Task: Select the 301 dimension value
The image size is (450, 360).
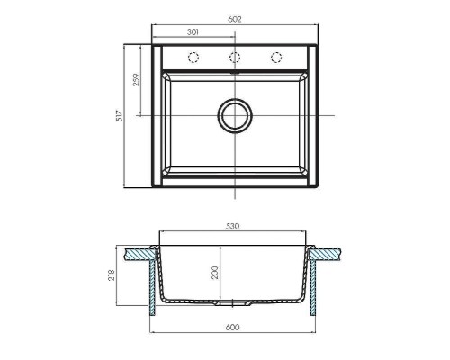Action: pos(193,31)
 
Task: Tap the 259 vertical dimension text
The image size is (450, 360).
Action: pos(135,79)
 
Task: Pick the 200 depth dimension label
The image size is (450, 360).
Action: pos(215,273)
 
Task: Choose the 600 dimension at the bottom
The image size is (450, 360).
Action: pos(235,328)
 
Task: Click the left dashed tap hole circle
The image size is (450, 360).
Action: pos(192,58)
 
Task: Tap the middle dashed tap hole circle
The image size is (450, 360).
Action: pos(235,58)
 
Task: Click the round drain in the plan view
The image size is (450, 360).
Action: pos(235,116)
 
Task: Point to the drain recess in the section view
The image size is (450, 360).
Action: pos(235,301)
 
